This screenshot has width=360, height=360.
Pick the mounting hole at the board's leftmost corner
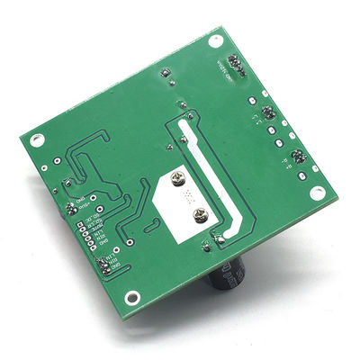(36, 140)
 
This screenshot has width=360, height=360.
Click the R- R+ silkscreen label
(286, 163)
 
